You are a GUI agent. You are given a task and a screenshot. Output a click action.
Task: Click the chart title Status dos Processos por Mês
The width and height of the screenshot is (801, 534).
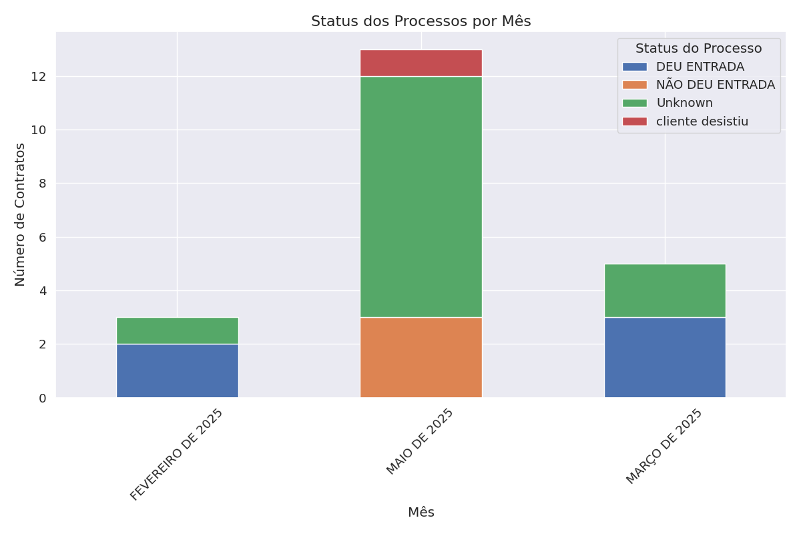421,21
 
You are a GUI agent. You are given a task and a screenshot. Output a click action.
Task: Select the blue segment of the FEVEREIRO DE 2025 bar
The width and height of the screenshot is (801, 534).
177,370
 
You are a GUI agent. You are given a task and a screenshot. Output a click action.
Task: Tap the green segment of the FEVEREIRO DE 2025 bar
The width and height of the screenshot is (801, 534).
177,330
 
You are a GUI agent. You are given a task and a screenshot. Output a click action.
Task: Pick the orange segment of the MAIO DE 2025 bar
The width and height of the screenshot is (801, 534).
421,357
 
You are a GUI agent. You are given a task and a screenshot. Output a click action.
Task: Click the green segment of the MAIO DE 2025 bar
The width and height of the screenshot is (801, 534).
421,197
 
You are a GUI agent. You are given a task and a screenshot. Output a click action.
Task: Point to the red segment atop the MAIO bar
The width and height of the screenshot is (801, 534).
421,63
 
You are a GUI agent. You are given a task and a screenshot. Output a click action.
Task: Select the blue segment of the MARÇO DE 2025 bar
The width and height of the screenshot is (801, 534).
665,357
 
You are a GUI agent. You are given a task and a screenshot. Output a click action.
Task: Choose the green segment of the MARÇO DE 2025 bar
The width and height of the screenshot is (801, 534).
665,290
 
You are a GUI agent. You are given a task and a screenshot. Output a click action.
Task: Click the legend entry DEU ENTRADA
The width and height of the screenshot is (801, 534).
700,67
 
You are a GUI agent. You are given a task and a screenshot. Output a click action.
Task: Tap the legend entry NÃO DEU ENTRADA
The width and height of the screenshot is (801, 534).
715,85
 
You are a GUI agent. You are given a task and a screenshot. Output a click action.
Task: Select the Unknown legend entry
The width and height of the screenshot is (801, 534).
684,103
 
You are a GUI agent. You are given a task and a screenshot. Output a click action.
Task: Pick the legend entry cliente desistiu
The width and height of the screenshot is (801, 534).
702,121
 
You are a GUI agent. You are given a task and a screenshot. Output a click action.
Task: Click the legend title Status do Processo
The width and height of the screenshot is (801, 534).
698,49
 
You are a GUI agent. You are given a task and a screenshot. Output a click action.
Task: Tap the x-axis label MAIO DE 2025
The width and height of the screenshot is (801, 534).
421,441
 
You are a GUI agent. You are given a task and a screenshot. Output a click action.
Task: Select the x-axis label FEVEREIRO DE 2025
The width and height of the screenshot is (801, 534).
177,454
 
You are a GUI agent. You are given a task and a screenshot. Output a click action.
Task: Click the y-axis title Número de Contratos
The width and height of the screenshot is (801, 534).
21,214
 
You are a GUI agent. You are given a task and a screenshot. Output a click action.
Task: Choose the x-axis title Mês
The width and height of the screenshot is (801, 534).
421,513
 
